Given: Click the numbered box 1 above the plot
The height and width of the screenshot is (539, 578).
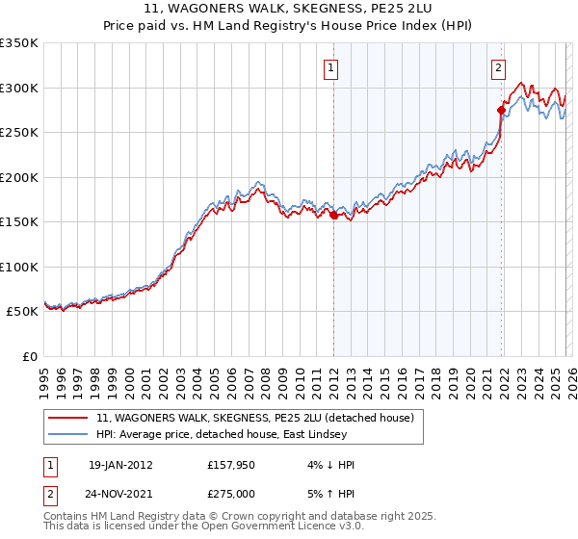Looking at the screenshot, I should click(x=330, y=67).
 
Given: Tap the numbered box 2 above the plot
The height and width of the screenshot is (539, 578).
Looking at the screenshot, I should click(x=498, y=67).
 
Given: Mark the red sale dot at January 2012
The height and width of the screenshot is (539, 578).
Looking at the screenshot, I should click(x=333, y=216).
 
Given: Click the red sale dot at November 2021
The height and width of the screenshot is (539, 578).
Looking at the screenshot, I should click(x=501, y=109).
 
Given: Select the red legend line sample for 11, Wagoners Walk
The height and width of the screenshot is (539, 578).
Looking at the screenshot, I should click(x=68, y=418).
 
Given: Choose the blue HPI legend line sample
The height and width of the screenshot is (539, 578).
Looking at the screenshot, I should click(x=68, y=435).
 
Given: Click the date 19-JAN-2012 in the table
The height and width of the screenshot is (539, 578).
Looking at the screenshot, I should click(x=120, y=464).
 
